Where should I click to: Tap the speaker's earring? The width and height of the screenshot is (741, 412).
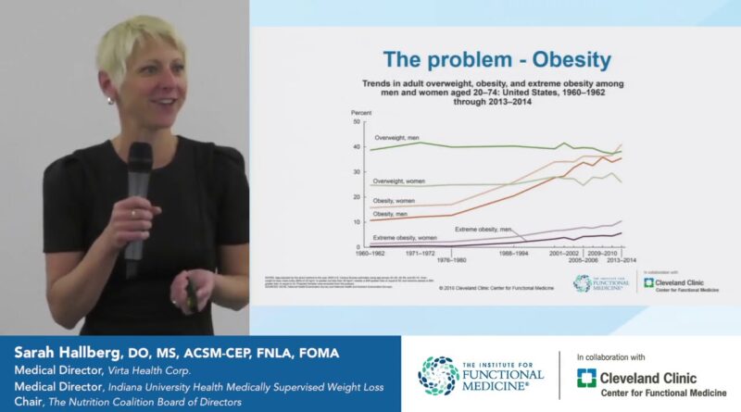[109, 99]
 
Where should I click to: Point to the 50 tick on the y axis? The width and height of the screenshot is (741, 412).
[355, 123]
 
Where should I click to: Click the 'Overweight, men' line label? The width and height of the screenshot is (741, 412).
[396, 137]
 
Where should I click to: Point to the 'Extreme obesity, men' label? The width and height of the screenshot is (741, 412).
[483, 228]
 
